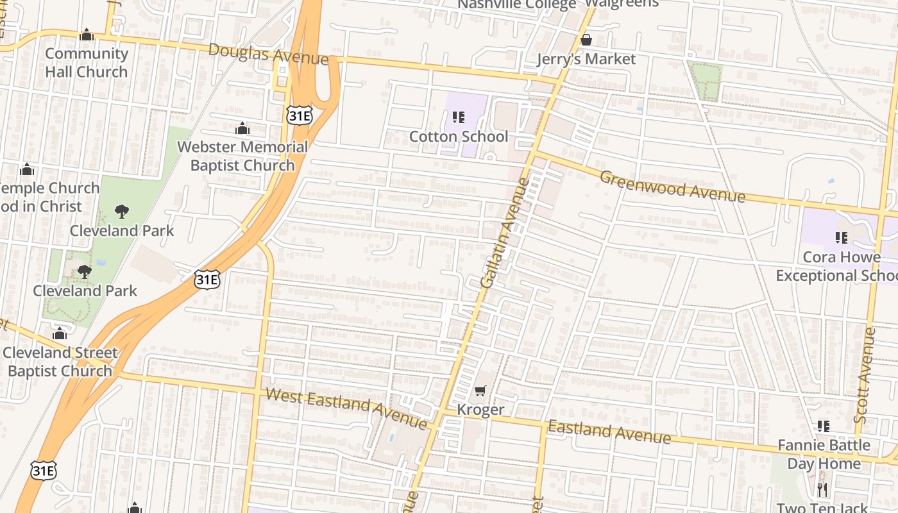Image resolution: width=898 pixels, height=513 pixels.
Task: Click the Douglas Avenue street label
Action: pyautogui.click(x=269, y=54)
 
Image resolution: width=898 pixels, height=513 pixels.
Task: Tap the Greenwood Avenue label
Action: pyautogui.click(x=672, y=185)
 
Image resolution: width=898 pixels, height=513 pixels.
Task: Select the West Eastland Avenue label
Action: pyautogui.click(x=346, y=408)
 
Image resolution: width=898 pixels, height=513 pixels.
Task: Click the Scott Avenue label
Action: pyautogui.click(x=865, y=375)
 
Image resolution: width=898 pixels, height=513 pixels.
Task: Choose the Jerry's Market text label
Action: pyautogui.click(x=586, y=59)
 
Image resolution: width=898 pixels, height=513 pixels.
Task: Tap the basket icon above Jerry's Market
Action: pyautogui.click(x=586, y=40)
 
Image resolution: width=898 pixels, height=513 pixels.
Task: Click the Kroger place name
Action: pyautogui.click(x=480, y=410)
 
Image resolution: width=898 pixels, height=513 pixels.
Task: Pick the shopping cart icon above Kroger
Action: pyautogui.click(x=480, y=391)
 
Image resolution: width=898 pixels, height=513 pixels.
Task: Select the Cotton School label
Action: pyautogui.click(x=459, y=137)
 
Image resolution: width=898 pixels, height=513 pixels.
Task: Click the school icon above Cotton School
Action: pyautogui.click(x=459, y=117)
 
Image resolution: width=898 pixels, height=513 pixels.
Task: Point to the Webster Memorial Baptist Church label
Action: pyautogui.click(x=242, y=156)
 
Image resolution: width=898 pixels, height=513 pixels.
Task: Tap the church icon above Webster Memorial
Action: pyautogui.click(x=242, y=129)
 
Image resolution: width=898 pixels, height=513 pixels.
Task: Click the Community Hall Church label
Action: pyautogui.click(x=87, y=63)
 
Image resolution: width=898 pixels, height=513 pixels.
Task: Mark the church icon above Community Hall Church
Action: pyautogui.click(x=87, y=35)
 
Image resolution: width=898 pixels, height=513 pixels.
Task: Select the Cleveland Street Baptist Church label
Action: pyautogui.click(x=60, y=362)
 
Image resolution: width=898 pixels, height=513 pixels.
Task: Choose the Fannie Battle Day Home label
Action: pyautogui.click(x=824, y=454)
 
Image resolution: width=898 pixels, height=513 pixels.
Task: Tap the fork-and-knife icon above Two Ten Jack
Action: pyautogui.click(x=823, y=491)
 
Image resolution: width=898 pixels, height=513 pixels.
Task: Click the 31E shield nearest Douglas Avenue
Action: pyautogui.click(x=300, y=115)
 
